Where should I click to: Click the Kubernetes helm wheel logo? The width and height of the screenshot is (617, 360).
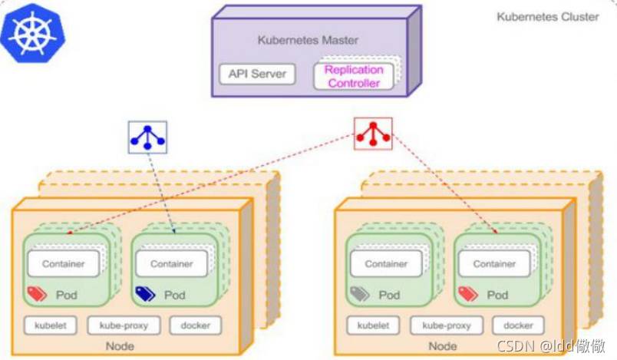click(x=33, y=32)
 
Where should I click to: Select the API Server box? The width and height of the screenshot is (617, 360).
click(x=257, y=74)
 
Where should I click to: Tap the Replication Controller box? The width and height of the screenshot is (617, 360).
click(x=354, y=76)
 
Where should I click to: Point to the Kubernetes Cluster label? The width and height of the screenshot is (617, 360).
click(x=547, y=17)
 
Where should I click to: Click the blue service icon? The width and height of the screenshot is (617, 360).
click(x=147, y=137)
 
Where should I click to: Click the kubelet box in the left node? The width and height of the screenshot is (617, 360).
click(x=51, y=325)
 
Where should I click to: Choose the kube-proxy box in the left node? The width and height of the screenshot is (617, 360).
click(x=124, y=325)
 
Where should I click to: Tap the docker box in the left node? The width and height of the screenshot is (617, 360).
click(x=196, y=325)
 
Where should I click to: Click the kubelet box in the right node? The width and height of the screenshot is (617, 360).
click(x=373, y=325)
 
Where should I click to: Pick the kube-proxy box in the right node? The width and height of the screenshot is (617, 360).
click(x=446, y=325)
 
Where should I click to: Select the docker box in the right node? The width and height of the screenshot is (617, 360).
click(x=518, y=325)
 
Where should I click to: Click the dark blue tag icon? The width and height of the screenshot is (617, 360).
click(x=145, y=293)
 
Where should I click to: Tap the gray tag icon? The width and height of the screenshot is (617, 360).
click(x=359, y=293)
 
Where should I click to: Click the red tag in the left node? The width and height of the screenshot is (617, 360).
click(x=37, y=293)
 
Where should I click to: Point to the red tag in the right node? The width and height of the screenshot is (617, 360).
click(x=467, y=293)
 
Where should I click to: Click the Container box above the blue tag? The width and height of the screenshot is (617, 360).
click(x=172, y=264)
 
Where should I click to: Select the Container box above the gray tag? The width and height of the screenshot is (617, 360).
click(x=386, y=264)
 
